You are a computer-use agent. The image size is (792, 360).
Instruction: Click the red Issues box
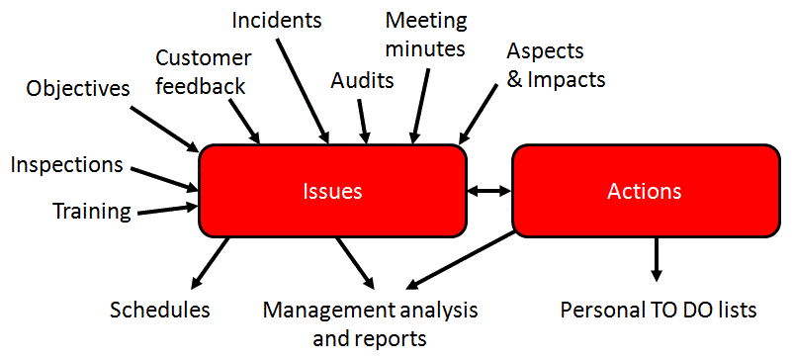(x=332, y=191)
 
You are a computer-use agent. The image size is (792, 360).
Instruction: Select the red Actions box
(x=644, y=191)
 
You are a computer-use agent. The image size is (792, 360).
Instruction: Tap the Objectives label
(x=78, y=88)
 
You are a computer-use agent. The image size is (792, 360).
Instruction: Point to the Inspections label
(x=67, y=164)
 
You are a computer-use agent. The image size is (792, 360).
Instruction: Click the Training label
(x=91, y=210)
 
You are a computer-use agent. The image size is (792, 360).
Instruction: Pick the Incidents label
(x=278, y=19)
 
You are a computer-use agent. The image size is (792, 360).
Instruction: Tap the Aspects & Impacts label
(x=557, y=64)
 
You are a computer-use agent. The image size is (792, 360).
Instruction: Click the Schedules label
(x=160, y=310)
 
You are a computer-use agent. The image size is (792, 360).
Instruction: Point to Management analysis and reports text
(x=370, y=323)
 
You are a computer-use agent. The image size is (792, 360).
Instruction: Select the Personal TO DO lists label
(x=659, y=310)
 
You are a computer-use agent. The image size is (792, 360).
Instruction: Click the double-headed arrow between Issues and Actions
(x=488, y=191)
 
